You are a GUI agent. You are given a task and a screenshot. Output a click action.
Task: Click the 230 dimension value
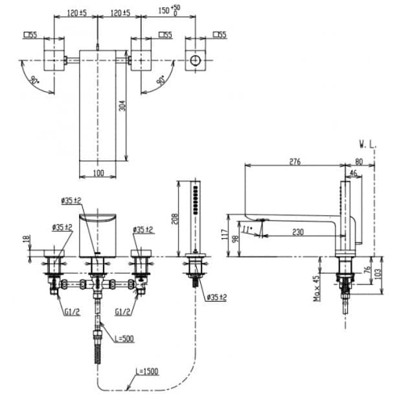point(299,231)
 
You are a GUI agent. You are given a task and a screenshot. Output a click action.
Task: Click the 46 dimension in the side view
point(353,173)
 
